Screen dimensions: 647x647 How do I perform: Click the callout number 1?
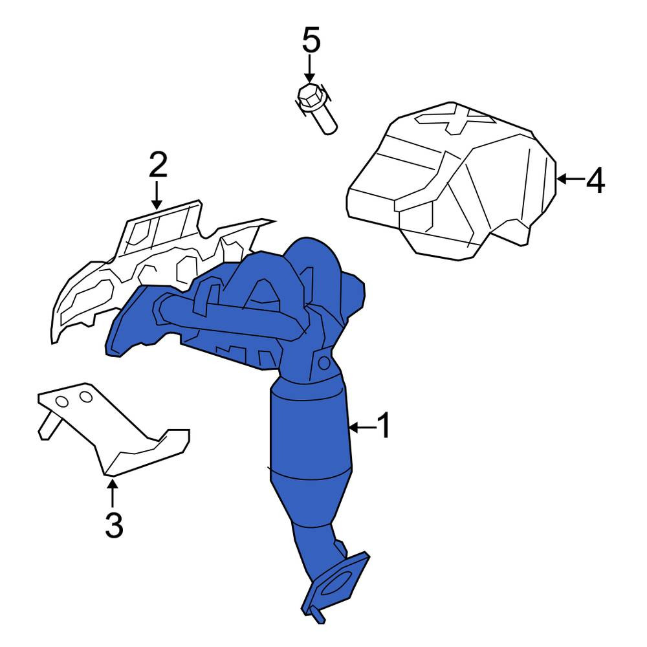384,426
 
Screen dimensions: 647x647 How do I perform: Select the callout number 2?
158,165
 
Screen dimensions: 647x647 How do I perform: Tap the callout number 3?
114,525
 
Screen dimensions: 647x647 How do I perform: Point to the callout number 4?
595,180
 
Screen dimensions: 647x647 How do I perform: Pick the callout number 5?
311,40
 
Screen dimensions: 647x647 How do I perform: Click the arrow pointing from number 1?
362,428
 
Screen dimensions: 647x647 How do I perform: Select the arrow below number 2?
157,195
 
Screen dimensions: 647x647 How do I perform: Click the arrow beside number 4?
570,179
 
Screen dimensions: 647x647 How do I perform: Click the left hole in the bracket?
62,402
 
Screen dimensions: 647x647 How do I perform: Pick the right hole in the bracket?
86,397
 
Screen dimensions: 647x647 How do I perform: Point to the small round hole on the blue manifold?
324,363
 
